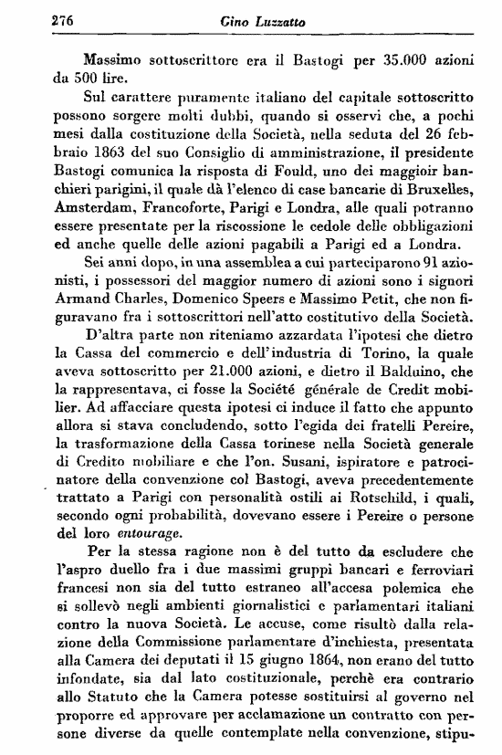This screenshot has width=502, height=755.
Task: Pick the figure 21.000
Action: pyautogui.click(x=228, y=374)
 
